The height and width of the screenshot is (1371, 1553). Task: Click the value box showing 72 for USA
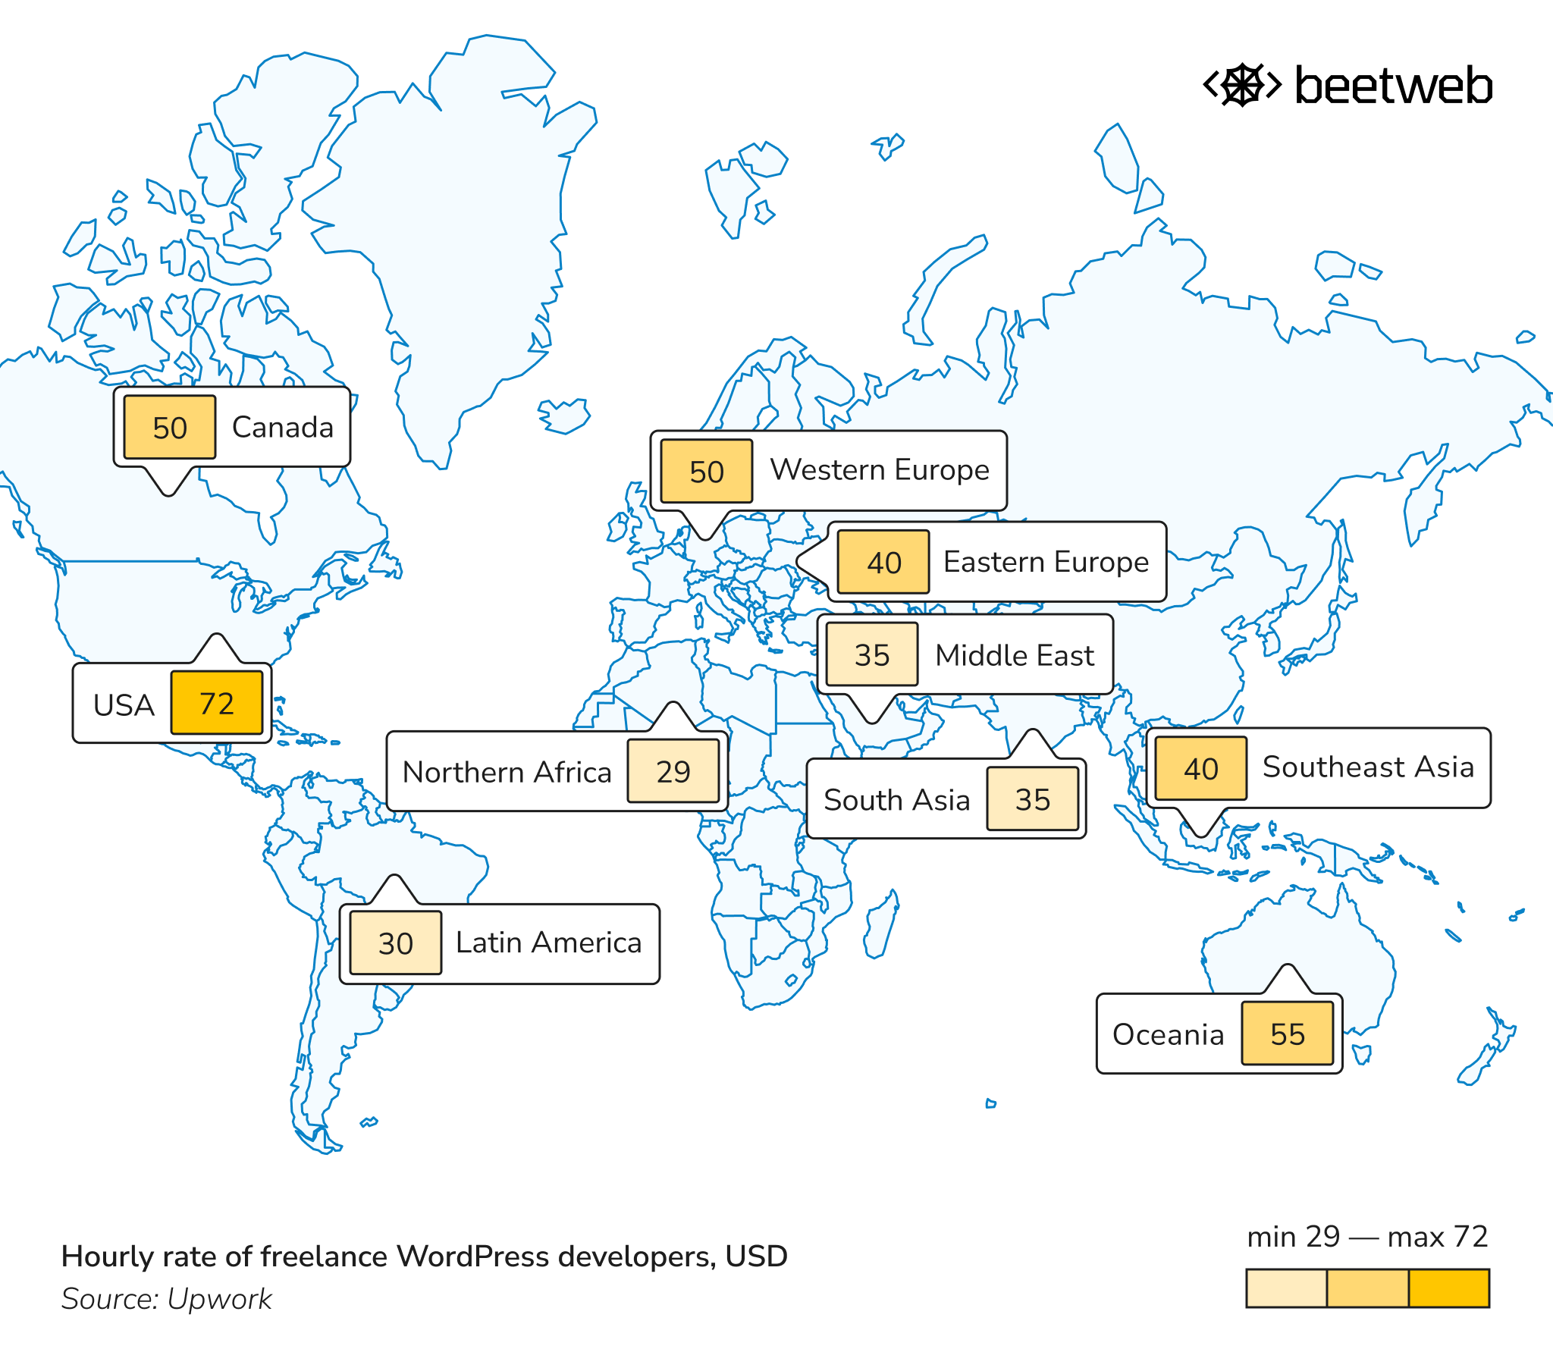[x=217, y=703]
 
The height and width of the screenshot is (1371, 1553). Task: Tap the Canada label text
[x=282, y=427]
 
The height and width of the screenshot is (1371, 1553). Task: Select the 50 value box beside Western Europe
[x=706, y=471]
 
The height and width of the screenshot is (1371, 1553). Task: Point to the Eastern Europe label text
[x=1046, y=562]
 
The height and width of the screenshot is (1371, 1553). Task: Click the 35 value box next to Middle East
[x=871, y=654]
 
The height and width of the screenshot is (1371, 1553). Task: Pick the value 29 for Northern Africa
[x=673, y=771]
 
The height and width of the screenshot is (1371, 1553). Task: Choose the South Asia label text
[x=896, y=799]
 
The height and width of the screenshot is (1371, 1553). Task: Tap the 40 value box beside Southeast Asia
[x=1200, y=768]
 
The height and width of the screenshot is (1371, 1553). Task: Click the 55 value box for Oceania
[x=1287, y=1034]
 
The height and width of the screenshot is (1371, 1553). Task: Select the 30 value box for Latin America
[x=395, y=943]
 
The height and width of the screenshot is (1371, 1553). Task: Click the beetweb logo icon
[x=1242, y=85]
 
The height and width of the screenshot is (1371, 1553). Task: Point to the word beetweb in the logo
[x=1393, y=85]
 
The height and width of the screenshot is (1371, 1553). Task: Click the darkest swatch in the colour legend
[x=1449, y=1288]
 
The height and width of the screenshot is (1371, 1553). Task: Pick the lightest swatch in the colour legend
[x=1286, y=1288]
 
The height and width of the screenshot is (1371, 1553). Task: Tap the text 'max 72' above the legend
[x=1437, y=1237]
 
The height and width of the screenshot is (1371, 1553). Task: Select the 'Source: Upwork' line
[x=166, y=1299]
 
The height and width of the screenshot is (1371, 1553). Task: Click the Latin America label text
[x=547, y=943]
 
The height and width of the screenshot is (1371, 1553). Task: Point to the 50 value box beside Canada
[x=169, y=427]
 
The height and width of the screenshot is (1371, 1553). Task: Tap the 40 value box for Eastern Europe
[x=883, y=563]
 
